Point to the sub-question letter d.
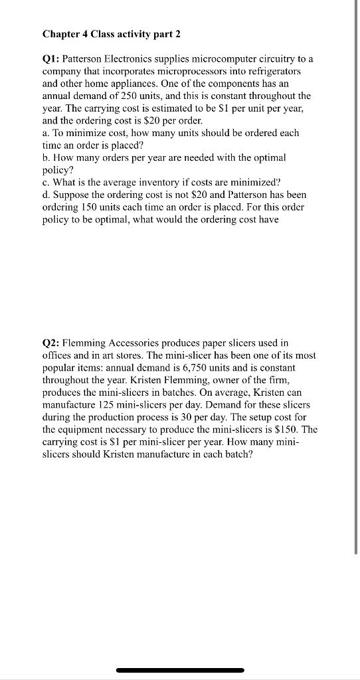point(46,195)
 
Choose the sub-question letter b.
point(46,158)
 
